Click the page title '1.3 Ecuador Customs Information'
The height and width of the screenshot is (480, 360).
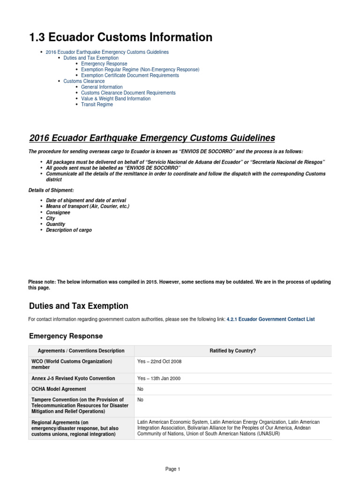120,37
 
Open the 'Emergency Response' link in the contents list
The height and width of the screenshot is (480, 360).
104,64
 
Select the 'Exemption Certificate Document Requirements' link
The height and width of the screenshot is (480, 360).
130,75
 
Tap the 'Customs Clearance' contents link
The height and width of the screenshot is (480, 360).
84,81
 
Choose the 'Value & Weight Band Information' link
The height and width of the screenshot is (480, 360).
116,99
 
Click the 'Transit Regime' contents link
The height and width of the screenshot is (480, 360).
97,105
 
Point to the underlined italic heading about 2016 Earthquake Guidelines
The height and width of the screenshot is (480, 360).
152,138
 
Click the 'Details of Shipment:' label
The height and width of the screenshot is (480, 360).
51,190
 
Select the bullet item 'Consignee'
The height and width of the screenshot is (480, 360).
58,212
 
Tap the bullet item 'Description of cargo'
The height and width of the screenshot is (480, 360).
69,230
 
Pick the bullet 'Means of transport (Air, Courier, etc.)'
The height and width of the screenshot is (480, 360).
88,206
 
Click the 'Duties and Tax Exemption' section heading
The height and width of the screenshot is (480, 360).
78,306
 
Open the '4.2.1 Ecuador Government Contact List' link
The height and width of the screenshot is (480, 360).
270,319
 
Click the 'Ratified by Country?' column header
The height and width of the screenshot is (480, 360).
232,351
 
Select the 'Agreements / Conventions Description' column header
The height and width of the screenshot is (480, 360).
81,351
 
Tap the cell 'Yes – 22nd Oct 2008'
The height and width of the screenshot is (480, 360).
159,362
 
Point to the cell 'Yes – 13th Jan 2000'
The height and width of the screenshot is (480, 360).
159,378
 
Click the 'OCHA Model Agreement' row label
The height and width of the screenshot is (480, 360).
59,389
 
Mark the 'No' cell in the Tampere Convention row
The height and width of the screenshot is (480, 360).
140,400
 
